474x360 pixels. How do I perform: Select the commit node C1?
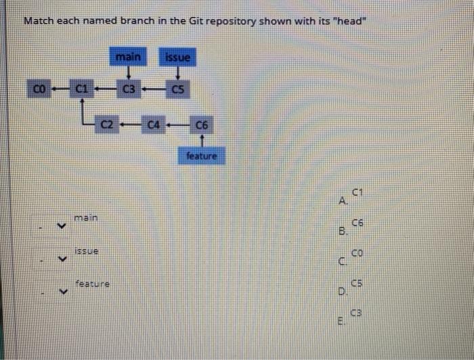81,88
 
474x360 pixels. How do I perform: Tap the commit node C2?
106,125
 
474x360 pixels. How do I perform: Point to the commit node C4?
154,125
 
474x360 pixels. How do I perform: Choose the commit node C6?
202,125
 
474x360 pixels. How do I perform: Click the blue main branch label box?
128,58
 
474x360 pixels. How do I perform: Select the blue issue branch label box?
178,58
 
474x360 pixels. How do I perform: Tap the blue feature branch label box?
201,156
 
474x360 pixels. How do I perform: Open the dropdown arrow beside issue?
61,258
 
